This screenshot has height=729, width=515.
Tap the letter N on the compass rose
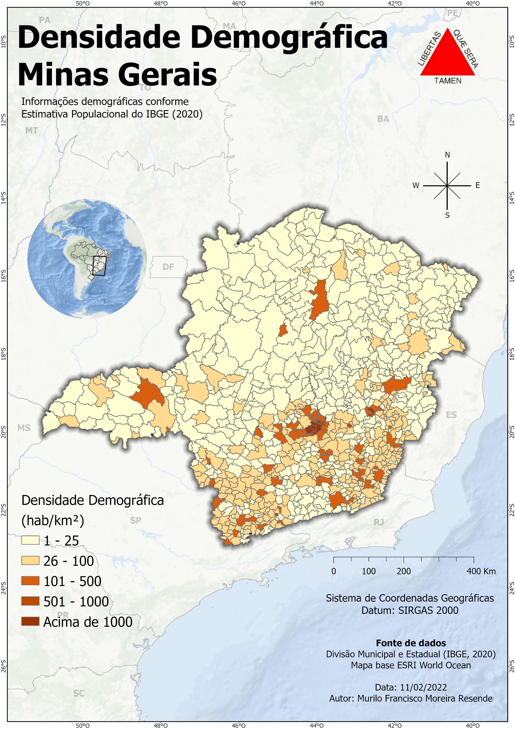[x=448, y=155]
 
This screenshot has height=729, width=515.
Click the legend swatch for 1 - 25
[x=30, y=540]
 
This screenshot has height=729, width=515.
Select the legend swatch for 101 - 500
[x=30, y=581]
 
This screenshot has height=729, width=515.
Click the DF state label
[x=168, y=267]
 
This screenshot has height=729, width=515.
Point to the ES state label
[x=451, y=415]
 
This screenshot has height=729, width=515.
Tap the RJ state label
[x=379, y=522]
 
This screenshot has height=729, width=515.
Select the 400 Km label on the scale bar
[x=481, y=571]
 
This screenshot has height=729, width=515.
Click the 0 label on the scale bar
[x=334, y=571]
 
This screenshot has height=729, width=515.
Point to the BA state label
[x=383, y=119]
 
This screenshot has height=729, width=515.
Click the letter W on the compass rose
[x=416, y=186]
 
